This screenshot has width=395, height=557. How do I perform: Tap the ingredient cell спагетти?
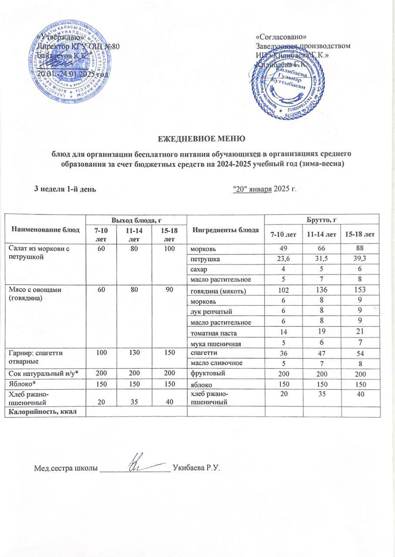coord(202,352)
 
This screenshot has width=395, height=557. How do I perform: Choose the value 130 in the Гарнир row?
coord(135,352)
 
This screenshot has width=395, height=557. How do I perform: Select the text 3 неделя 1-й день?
coord(65,188)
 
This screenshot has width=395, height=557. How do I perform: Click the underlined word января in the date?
coord(260,188)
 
